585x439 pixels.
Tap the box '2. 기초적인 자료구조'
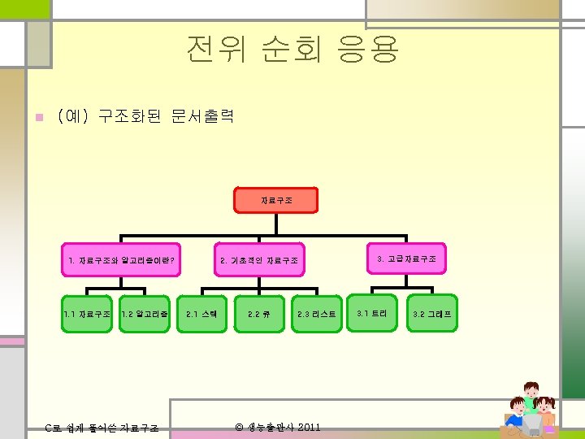point(259,260)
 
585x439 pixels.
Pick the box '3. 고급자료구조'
point(406,259)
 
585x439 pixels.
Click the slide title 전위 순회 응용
point(292,50)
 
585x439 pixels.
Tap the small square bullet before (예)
point(36,117)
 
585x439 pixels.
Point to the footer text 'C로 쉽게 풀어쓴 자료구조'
point(102,428)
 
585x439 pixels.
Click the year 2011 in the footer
point(309,427)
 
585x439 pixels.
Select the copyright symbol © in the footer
point(239,427)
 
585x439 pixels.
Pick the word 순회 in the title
point(291,50)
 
